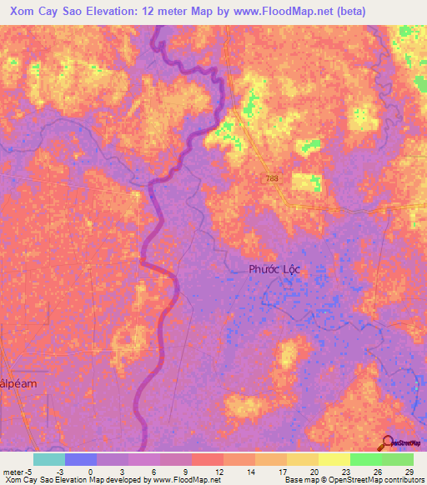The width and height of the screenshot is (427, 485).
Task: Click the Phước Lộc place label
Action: pos(274,269)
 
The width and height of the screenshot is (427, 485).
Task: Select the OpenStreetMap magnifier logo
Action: pos(389,443)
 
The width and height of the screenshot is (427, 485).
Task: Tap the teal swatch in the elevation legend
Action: pos(48,459)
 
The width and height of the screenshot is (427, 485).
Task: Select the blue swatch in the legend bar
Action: pos(80,459)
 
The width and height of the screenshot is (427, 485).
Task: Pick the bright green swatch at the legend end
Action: pos(397,459)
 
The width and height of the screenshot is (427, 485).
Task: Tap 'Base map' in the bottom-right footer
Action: pos(299,480)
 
